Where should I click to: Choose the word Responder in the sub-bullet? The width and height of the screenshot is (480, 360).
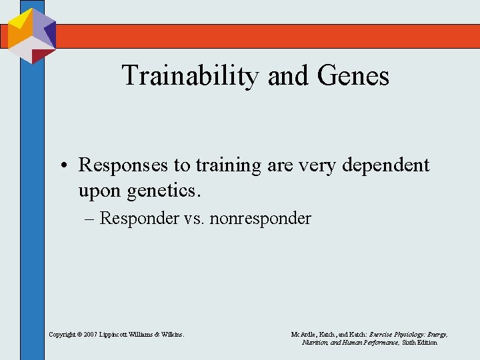point(139,219)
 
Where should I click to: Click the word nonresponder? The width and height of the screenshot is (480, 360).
point(261,219)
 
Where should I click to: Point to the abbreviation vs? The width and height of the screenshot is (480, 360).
point(195,219)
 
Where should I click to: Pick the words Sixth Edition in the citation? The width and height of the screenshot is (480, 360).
point(419,342)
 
